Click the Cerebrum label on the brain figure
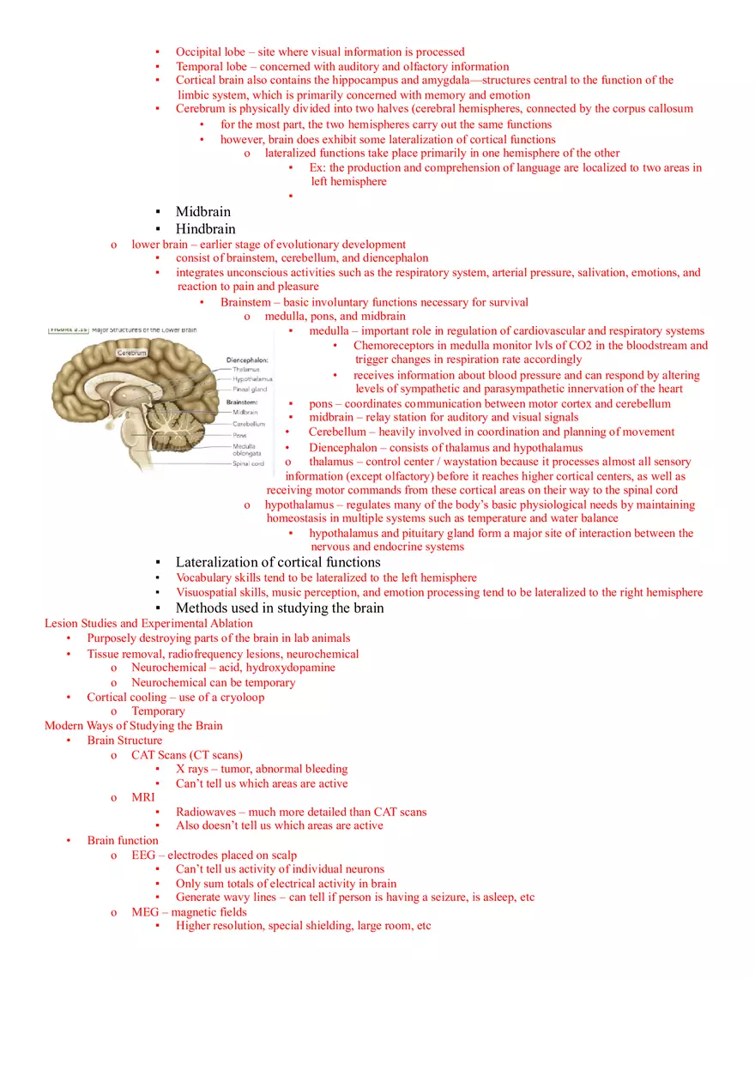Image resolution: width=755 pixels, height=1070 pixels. [x=131, y=353]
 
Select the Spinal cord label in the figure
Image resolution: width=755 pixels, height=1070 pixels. [x=248, y=464]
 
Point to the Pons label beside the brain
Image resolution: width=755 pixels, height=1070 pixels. [x=239, y=435]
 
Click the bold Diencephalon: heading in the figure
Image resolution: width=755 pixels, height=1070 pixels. [x=247, y=360]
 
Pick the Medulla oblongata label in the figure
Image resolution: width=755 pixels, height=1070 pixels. [x=246, y=450]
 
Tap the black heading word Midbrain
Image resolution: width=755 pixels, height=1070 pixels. [x=202, y=212]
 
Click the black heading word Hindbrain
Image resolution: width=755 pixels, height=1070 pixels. [x=205, y=229]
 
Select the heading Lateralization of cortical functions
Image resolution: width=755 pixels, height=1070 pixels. [x=277, y=563]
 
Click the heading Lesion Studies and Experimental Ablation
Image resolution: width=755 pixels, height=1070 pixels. [x=148, y=624]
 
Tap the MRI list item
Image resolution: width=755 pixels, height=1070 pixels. [x=142, y=797]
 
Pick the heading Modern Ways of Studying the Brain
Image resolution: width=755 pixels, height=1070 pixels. [x=133, y=726]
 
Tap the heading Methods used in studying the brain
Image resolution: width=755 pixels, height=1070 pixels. [x=280, y=608]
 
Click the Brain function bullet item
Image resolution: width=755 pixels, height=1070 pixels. [x=122, y=841]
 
